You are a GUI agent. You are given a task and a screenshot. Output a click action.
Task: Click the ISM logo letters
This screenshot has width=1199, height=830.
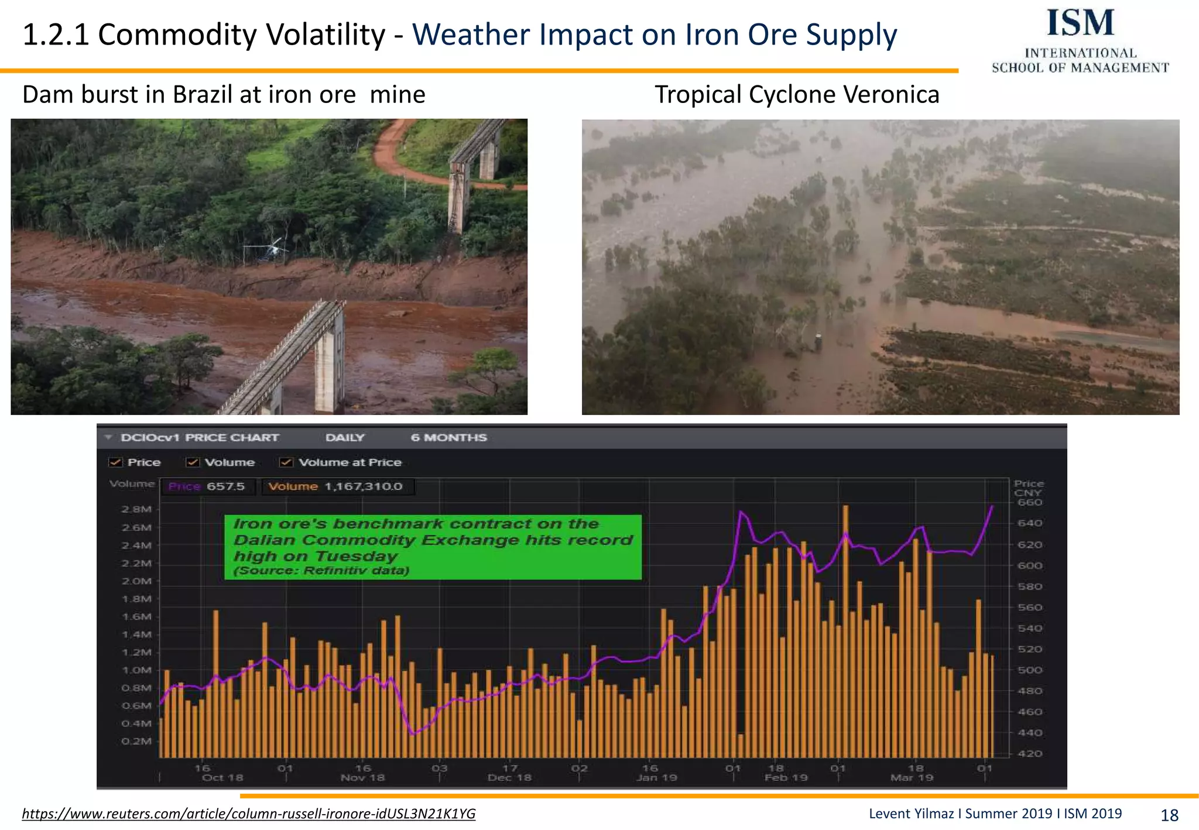click(1080, 23)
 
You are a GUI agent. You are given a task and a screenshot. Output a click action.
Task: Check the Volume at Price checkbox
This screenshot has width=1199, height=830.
click(286, 462)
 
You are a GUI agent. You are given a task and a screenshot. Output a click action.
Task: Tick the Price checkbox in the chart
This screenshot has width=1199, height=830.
click(115, 462)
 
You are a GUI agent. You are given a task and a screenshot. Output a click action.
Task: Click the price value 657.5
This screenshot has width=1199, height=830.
click(225, 486)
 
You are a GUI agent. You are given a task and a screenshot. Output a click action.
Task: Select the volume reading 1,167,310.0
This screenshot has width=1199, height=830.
click(363, 486)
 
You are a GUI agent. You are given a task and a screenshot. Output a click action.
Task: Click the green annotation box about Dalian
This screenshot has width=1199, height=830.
click(433, 547)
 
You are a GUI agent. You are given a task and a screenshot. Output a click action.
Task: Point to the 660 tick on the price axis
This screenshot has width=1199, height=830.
click(1029, 502)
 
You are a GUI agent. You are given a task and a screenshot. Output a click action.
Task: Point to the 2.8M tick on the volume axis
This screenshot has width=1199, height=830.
click(136, 509)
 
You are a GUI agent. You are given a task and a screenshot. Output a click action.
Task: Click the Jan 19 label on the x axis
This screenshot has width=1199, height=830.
click(656, 778)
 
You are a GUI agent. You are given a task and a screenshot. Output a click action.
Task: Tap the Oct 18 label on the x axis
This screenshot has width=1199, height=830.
click(222, 778)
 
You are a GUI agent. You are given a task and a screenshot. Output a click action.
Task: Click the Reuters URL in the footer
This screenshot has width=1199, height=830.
click(248, 814)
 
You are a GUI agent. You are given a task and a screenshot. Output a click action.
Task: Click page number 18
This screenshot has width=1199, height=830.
click(1169, 815)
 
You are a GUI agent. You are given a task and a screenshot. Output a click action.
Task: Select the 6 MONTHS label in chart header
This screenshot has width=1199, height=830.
click(448, 438)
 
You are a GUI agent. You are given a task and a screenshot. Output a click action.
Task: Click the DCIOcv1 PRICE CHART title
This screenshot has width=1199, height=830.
click(200, 438)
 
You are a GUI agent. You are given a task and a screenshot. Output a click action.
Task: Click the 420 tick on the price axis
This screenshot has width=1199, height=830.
click(1029, 753)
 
